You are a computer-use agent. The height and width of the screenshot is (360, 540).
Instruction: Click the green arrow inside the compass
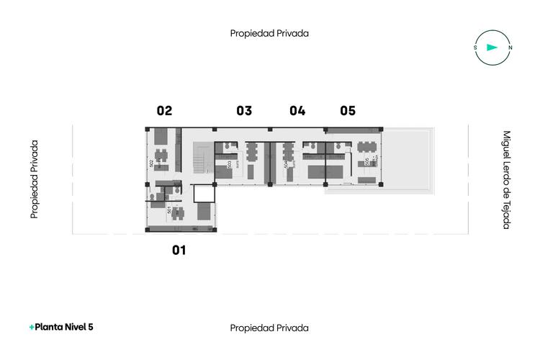492,48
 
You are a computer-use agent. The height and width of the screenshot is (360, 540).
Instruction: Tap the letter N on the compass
510,48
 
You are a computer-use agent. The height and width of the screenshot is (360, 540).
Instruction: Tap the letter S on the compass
475,48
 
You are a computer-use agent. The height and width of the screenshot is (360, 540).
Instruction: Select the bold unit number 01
179,251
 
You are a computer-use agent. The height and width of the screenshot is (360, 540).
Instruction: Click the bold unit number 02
164,111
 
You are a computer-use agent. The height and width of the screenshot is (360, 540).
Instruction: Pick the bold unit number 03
244,111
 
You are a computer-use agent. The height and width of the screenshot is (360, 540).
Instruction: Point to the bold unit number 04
297,111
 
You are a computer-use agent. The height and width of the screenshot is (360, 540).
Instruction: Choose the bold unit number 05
348,111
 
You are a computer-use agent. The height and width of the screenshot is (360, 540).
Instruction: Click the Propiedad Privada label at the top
269,33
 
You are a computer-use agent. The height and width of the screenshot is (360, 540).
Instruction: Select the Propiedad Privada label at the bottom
269,328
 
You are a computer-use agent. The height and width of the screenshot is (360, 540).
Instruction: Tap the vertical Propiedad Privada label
34,179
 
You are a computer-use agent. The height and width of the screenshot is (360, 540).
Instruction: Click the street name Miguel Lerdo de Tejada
506,179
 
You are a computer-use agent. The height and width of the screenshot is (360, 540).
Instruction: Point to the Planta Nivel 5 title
64,327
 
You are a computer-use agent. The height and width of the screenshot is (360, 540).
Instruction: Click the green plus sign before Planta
32,327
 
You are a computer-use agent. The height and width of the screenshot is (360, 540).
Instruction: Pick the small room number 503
229,164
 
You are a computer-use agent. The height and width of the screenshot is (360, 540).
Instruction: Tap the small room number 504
287,164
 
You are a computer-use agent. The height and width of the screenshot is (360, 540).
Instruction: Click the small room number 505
366,162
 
